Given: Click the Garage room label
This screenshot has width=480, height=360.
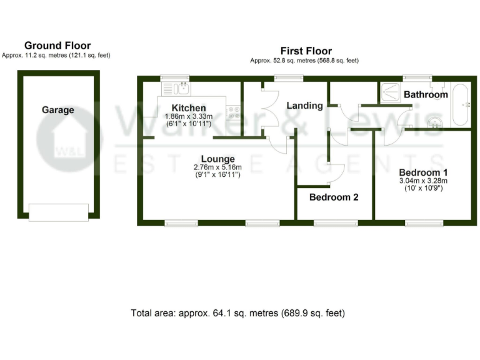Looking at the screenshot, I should coord(58,110).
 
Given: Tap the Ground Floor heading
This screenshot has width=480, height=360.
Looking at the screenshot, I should coord(57,46).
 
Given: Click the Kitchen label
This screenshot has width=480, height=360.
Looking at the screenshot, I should coord(188,108).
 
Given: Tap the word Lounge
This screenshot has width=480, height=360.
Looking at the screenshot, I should coord(217,159).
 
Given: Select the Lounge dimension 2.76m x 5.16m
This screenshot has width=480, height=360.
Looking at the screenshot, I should coord(217,167).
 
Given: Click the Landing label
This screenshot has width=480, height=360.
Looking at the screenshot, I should coord(304,106).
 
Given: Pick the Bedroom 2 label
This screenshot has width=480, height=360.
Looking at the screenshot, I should coord(334,197).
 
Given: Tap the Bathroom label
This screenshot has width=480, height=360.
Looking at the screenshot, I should coord(426,95).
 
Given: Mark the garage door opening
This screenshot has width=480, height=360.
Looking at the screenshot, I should coord(58,212).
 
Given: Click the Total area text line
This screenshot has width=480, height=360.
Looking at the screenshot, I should coord(237,312).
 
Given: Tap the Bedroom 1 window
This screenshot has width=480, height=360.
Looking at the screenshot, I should coord(424,222).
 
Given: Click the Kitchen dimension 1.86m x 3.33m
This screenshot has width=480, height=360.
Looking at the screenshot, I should coord(188,116).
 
